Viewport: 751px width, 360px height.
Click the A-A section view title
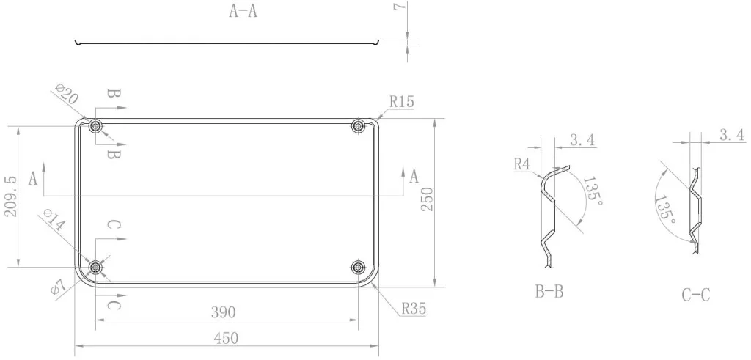(243, 11)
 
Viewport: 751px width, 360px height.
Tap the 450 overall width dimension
(226, 339)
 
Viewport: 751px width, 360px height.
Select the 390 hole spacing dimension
(223, 312)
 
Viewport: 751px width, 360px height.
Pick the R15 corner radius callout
(401, 101)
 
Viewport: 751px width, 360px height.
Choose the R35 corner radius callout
(414, 309)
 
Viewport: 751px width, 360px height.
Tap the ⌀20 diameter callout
(67, 94)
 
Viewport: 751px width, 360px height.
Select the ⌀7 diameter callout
(58, 286)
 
